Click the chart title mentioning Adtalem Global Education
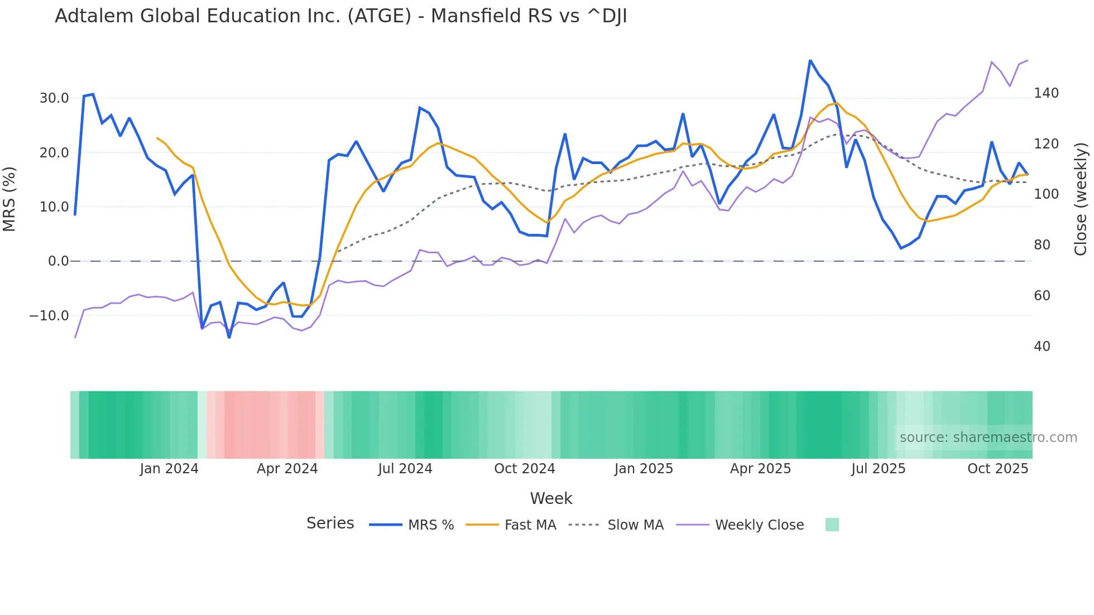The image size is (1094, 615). click(x=340, y=16)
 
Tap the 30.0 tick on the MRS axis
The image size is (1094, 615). click(x=54, y=98)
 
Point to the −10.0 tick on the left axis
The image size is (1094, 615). click(x=50, y=316)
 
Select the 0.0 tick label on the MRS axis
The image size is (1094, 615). click(x=58, y=261)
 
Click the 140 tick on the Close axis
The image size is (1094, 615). click(x=1046, y=93)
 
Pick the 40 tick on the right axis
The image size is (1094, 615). click(x=1042, y=347)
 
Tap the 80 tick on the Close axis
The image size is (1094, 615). click(x=1042, y=245)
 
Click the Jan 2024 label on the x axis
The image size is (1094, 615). click(x=169, y=469)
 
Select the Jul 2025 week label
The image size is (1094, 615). click(x=878, y=469)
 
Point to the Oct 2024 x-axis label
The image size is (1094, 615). click(x=525, y=469)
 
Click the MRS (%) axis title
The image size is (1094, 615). click(x=9, y=199)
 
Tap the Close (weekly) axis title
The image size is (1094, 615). click(x=1081, y=199)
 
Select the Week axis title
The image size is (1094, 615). click(x=551, y=498)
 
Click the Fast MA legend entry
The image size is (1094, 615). click(x=530, y=525)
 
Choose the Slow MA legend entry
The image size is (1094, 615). click(x=635, y=525)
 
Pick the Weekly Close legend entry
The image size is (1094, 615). click(x=759, y=525)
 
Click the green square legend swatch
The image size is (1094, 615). click(x=832, y=525)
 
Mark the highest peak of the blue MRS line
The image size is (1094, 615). click(x=810, y=61)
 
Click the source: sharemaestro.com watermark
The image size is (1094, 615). click(x=988, y=438)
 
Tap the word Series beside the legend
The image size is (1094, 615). click(x=330, y=523)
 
